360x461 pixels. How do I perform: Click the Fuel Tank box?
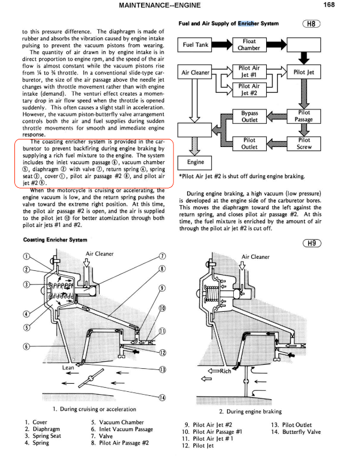195,44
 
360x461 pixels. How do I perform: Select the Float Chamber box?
249,44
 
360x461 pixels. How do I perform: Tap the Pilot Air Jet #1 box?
249,71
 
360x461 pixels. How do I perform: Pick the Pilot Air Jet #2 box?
249,89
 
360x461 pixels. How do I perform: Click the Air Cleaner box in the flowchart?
195,73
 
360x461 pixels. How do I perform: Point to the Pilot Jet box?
303,73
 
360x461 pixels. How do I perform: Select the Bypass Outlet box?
249,116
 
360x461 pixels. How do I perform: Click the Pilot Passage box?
304,116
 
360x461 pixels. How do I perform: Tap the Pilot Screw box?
304,143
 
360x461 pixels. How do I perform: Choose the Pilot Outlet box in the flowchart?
249,143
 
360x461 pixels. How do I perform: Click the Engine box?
192,163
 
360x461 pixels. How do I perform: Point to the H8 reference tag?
310,24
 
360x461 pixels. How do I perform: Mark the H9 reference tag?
310,243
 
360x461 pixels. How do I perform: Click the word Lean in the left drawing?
68,366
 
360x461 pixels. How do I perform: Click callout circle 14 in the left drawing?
162,397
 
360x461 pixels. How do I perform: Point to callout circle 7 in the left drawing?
162,256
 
